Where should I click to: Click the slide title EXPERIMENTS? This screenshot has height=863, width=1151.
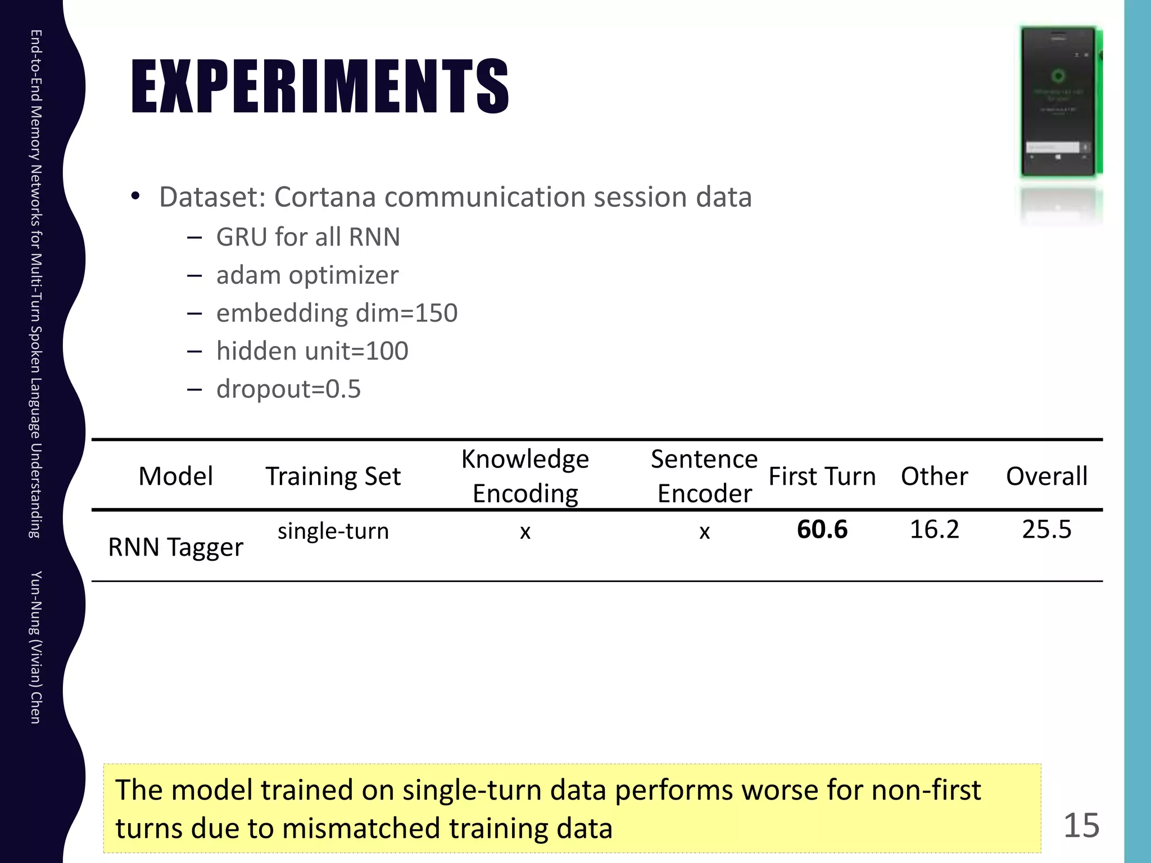(x=320, y=87)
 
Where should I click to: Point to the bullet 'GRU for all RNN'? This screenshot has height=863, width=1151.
(x=308, y=237)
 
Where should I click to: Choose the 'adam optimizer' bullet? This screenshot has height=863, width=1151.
(x=307, y=275)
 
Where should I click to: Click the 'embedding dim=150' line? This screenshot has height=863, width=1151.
(x=337, y=313)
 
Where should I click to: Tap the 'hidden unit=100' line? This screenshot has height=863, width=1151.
(x=312, y=351)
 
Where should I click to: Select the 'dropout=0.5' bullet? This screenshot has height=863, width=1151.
(x=288, y=389)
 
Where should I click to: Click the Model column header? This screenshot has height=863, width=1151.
(x=175, y=476)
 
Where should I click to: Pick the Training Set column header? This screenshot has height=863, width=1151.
(x=333, y=476)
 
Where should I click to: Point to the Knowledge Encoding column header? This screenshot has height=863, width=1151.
(x=525, y=476)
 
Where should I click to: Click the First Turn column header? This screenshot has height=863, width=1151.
(x=822, y=476)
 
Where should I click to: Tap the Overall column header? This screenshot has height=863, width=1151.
(x=1046, y=476)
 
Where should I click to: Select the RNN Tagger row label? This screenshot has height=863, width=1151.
(x=175, y=547)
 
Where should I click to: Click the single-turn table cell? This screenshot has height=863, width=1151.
(x=333, y=531)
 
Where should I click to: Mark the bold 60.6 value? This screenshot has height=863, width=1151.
(x=822, y=530)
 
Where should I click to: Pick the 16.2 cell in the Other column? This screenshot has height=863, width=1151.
(x=934, y=530)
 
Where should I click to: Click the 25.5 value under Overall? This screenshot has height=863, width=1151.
(x=1046, y=530)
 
